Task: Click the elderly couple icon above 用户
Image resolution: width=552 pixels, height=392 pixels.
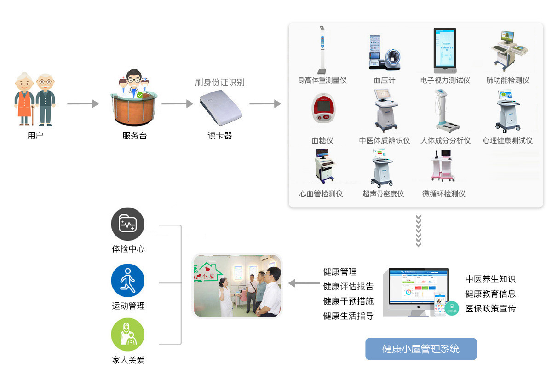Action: click(x=35, y=99)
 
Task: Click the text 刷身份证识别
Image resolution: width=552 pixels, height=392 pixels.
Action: click(x=220, y=82)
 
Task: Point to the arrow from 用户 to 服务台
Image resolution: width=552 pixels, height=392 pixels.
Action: click(x=83, y=104)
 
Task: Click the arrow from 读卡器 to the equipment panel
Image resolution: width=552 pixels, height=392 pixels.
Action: click(x=265, y=104)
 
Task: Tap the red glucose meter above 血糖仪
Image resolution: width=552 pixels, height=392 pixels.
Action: click(x=322, y=109)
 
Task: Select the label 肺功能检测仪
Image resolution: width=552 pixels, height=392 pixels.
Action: click(x=508, y=81)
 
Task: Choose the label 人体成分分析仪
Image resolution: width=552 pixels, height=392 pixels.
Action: click(x=445, y=141)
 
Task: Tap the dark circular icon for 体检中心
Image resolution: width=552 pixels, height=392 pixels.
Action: click(x=128, y=225)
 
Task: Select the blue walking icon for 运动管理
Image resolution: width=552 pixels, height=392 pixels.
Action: click(x=128, y=281)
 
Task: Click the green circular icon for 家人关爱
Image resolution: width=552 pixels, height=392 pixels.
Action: click(x=128, y=335)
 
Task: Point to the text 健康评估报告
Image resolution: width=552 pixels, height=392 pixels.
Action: click(x=348, y=287)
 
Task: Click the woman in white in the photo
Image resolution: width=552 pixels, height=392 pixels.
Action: click(x=226, y=297)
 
